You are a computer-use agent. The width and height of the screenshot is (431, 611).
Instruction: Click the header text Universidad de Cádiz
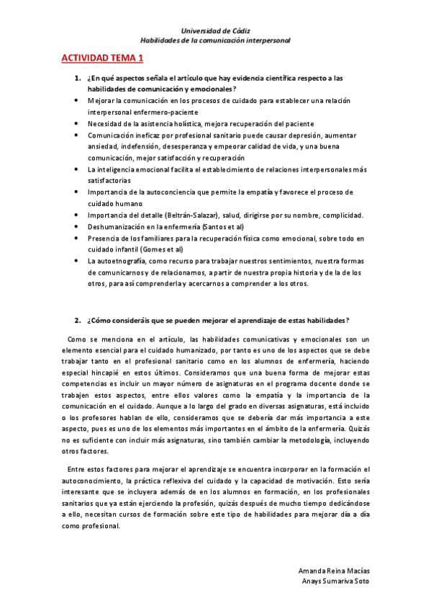tap(215, 31)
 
